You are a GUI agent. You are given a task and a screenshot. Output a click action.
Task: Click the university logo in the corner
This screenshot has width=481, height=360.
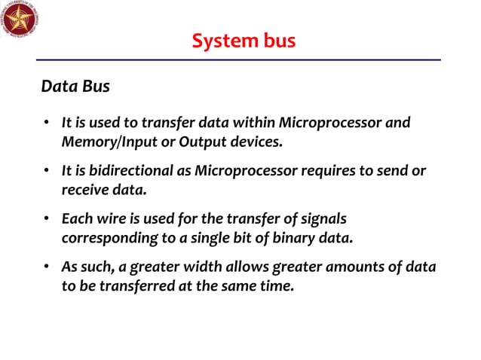[20, 20]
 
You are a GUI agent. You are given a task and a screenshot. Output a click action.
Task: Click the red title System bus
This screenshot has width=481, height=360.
[244, 41]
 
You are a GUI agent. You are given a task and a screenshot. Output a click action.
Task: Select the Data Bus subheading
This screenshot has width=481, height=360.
[75, 87]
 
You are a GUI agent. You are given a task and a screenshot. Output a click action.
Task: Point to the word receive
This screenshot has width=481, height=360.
[84, 190]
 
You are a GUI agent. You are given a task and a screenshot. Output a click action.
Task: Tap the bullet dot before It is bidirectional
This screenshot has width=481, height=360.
[46, 172]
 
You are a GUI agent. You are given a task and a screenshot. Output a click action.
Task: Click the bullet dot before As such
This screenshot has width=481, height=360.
[46, 268]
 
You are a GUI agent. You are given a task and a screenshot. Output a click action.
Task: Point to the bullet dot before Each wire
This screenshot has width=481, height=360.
[46, 220]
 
